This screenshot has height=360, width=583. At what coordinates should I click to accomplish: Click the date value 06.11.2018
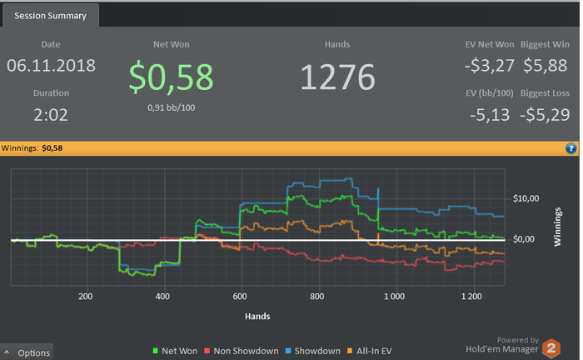[51, 65]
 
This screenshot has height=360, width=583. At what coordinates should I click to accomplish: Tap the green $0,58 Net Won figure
[170, 76]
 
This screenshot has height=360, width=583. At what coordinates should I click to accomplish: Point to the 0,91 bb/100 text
[170, 108]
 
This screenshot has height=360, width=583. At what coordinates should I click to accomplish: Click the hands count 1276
[337, 77]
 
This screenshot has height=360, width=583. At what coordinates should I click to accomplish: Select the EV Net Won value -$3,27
[489, 65]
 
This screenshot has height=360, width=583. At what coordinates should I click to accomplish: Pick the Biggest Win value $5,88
[546, 65]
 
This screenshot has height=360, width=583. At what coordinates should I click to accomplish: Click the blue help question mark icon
[571, 148]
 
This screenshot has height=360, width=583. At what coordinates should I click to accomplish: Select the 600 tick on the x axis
[241, 297]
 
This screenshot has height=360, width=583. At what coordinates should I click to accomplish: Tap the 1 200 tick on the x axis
[471, 297]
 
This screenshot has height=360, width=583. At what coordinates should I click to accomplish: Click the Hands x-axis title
[257, 317]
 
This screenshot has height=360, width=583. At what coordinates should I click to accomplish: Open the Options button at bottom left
[27, 352]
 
